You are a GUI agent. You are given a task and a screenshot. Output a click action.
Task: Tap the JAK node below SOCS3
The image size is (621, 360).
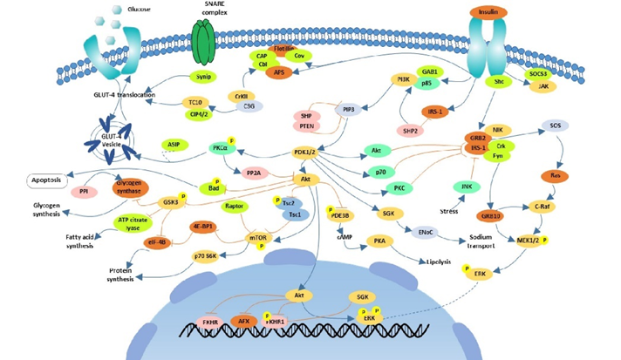543,86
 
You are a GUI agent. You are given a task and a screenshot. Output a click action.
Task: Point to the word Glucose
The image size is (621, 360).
136,9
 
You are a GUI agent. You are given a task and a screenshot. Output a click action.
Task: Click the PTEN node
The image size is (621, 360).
307,127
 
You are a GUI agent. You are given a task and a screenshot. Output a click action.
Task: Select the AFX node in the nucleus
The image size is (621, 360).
246,321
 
